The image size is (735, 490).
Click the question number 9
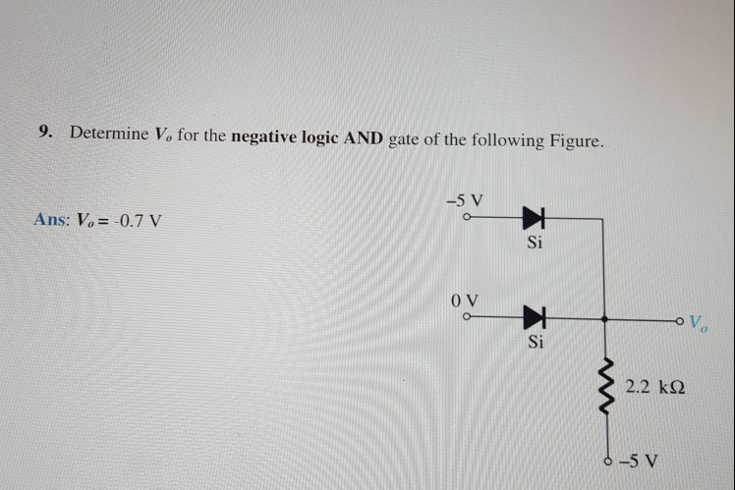(x=45, y=133)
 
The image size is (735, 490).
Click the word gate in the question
(x=405, y=139)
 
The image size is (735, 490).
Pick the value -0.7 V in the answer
(x=133, y=219)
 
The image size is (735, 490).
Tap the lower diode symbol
(x=534, y=318)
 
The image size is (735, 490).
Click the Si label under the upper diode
(x=534, y=243)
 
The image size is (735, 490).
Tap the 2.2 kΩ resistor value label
(x=654, y=388)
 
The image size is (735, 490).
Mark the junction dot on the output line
(x=603, y=319)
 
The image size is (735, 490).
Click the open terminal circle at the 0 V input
(x=468, y=317)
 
